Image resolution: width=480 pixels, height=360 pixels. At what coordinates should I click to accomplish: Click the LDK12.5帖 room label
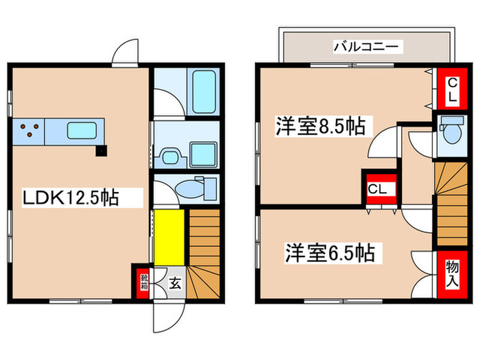pos(71,199)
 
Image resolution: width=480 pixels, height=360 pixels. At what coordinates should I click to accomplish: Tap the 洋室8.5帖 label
pos(320,126)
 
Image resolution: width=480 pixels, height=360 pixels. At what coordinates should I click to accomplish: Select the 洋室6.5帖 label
pos(330,254)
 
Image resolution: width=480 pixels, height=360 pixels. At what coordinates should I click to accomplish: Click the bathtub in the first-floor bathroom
pos(204,91)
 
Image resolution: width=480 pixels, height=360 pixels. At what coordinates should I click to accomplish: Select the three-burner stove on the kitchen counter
pos(28,130)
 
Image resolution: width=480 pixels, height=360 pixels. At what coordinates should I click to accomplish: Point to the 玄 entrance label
pos(175,281)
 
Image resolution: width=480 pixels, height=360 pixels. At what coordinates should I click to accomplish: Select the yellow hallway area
pos(169,237)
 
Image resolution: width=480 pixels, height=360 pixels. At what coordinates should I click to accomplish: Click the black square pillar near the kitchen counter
pos(101,150)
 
